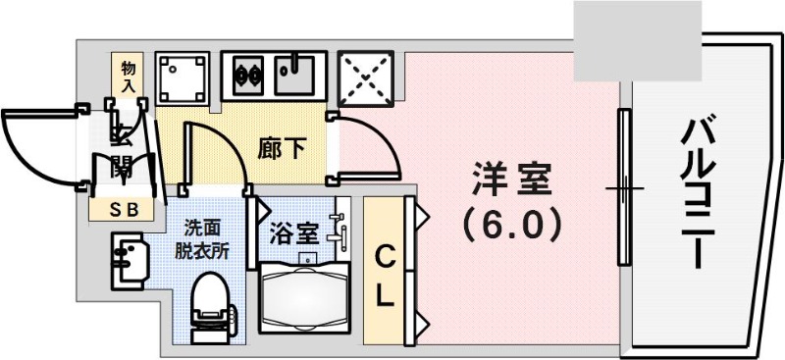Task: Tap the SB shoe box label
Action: coord(124,208)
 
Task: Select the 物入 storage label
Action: coord(129,75)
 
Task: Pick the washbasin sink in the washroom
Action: coord(128,259)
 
